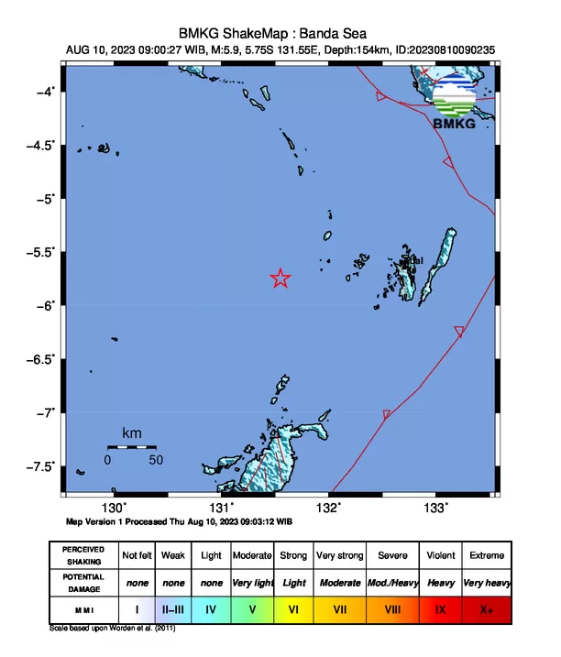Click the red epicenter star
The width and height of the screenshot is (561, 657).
click(280, 279)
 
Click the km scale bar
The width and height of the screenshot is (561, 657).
click(132, 446)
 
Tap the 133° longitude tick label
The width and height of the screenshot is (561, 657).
click(434, 508)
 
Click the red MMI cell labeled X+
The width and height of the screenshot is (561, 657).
click(486, 608)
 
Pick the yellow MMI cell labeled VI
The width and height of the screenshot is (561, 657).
click(293, 608)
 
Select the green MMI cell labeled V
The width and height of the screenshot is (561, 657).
click(252, 608)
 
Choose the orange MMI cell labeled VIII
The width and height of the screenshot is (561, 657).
click(392, 608)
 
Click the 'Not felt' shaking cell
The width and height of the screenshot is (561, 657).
click(137, 555)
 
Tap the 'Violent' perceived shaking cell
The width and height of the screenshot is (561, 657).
click(440, 555)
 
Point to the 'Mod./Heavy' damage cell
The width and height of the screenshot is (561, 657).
click(392, 582)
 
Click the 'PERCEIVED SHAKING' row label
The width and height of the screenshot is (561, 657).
click(82, 555)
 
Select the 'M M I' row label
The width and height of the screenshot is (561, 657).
click(82, 608)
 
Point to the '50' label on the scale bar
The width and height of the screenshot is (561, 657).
click(156, 459)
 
